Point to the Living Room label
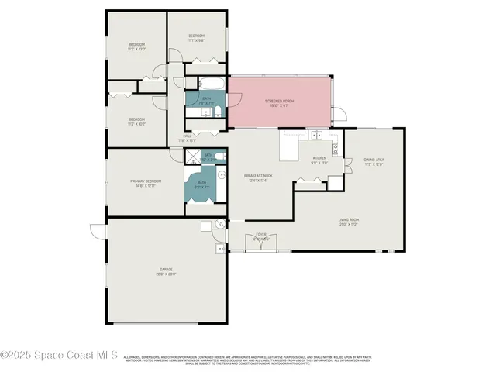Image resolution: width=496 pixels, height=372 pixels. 348,220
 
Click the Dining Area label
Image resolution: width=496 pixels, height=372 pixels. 374,160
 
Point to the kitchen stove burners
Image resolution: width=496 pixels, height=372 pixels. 335,149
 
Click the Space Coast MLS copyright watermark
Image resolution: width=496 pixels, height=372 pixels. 59,356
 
